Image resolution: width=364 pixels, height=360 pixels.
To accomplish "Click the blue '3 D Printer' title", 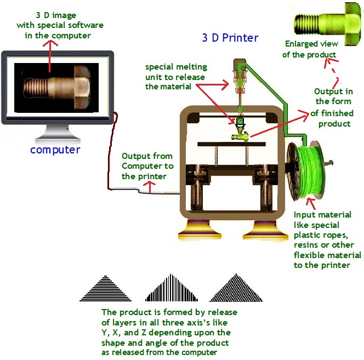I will (230, 38).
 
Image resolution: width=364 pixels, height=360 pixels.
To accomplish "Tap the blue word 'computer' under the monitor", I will (55, 150).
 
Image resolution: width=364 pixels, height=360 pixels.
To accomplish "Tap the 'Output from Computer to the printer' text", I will (147, 166).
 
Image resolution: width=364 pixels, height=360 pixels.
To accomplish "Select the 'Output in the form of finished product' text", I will (333, 107).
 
